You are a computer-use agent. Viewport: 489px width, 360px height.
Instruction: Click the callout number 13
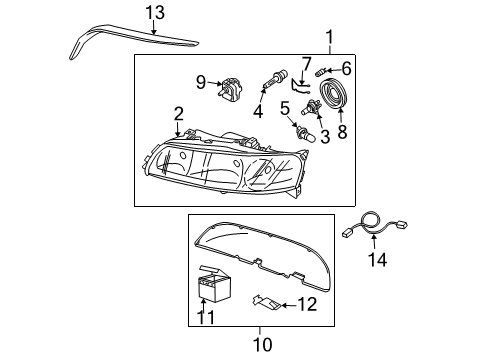point(155,13)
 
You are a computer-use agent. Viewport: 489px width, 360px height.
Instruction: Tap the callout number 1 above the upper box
point(329,37)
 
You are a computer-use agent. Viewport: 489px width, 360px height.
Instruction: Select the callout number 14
point(377,259)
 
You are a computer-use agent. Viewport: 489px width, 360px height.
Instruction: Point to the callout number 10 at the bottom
point(263,345)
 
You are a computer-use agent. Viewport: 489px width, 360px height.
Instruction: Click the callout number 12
point(307,304)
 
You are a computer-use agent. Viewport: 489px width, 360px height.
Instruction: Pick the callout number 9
point(201,82)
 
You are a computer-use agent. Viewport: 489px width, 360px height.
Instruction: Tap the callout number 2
point(179,114)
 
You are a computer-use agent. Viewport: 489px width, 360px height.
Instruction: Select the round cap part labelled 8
point(334,93)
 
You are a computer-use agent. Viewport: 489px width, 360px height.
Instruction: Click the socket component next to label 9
point(230,88)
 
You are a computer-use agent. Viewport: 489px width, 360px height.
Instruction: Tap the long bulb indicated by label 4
point(274,80)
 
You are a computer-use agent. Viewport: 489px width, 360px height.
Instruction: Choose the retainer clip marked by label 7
point(301,86)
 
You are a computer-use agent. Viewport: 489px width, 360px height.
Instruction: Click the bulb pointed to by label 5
point(304,133)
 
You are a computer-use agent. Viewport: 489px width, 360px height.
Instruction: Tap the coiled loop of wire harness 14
point(371,221)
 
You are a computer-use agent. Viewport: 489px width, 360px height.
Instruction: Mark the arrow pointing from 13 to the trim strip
point(154,27)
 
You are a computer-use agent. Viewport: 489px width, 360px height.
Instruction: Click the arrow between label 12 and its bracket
point(288,305)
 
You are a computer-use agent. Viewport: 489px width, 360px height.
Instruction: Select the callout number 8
point(342,131)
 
